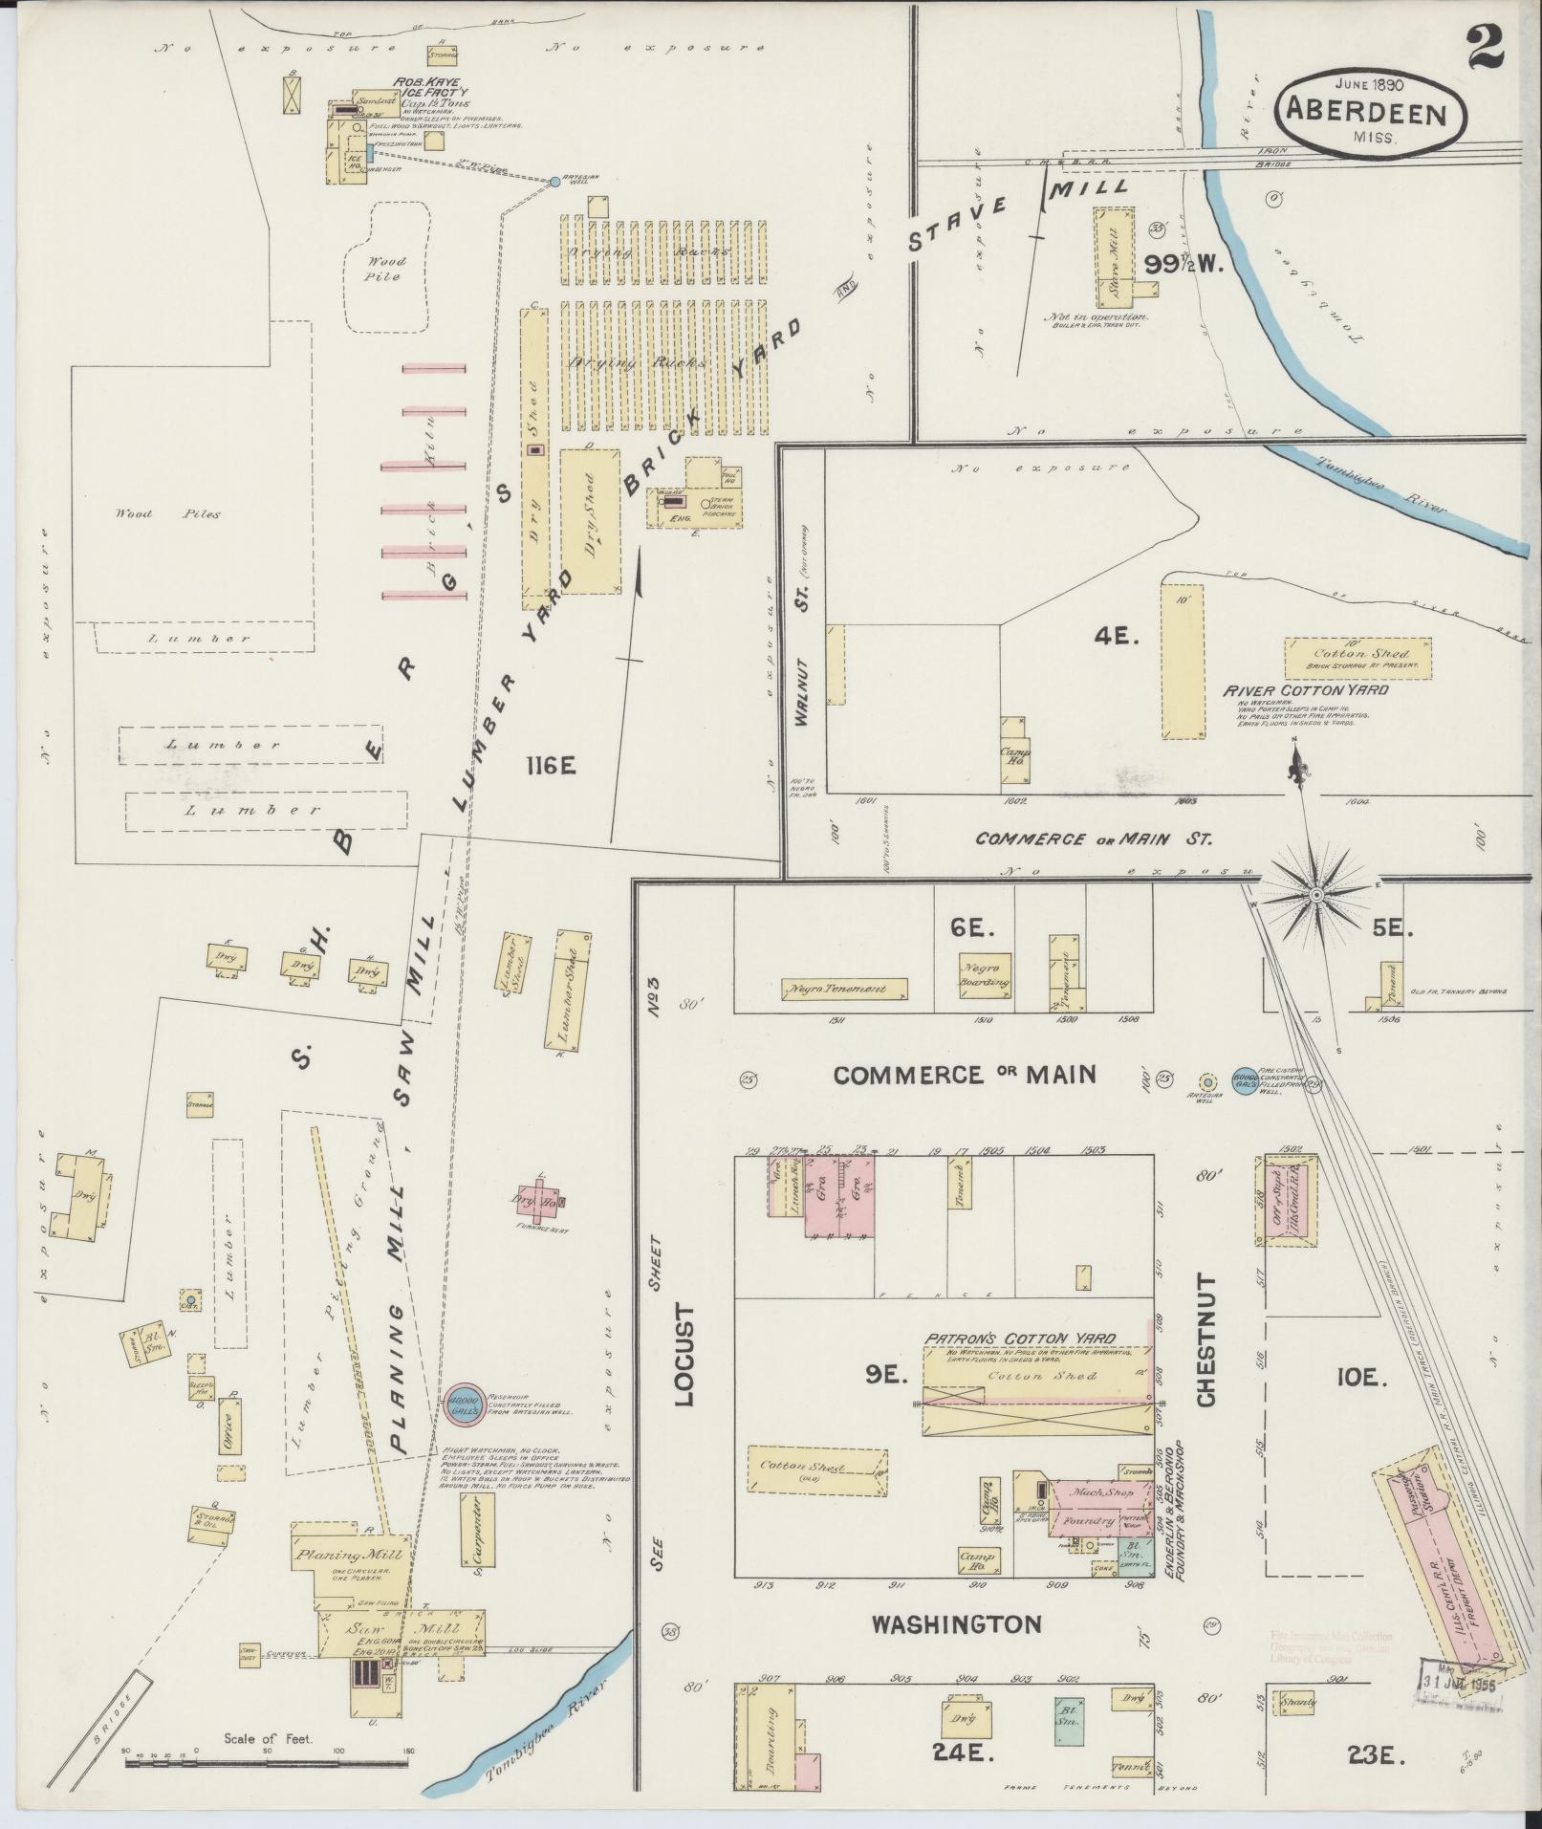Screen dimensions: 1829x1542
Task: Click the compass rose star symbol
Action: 1315,895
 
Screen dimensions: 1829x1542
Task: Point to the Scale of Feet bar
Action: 267,1760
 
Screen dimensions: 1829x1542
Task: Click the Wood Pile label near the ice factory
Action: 387,269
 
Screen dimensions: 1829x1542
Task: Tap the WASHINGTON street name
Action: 957,1623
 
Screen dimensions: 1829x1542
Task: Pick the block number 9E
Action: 884,1374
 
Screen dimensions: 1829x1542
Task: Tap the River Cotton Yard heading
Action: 1307,689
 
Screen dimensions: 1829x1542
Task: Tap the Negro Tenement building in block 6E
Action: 845,989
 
